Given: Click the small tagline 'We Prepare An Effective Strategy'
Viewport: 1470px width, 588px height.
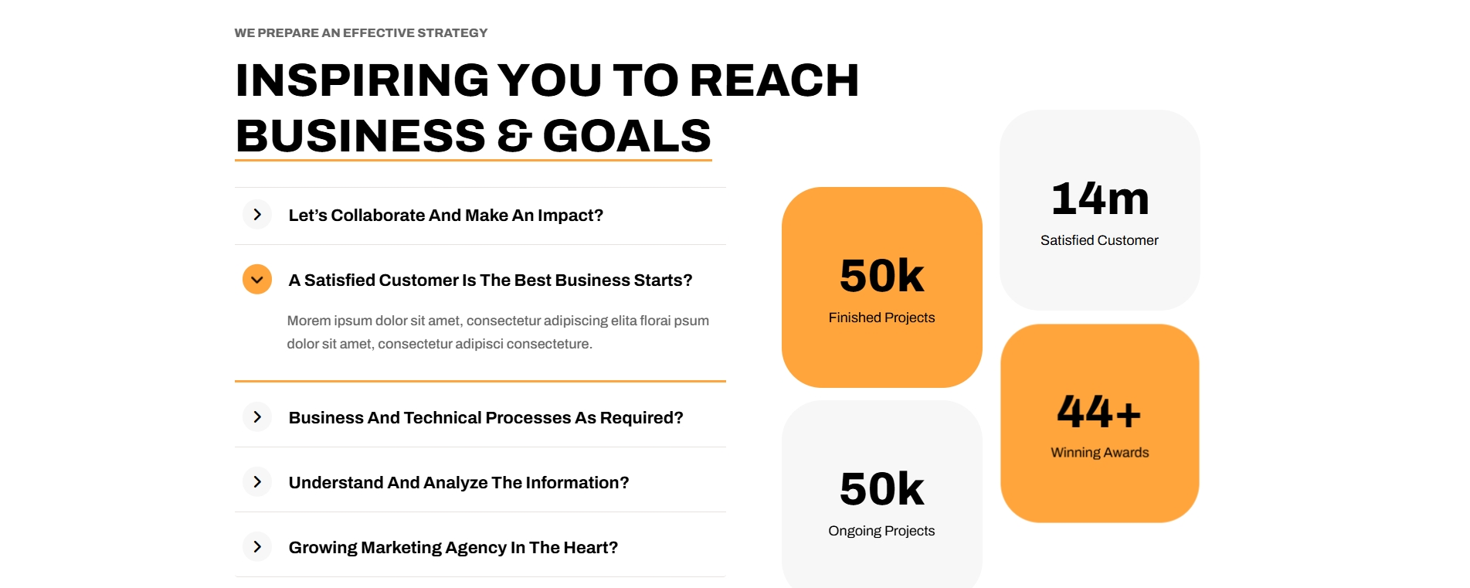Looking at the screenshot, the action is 361,32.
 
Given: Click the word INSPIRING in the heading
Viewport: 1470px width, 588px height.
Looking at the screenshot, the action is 362,80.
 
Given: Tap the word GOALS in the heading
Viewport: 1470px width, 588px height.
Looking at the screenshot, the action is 626,136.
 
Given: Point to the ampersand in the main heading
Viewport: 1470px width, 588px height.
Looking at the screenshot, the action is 514,136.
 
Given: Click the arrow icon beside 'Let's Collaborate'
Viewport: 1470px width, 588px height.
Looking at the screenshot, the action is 257,215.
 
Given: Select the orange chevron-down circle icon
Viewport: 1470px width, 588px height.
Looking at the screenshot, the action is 257,280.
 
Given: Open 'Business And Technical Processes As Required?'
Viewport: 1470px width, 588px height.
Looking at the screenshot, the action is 486,418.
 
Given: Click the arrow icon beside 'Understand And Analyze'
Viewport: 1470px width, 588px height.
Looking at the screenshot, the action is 257,482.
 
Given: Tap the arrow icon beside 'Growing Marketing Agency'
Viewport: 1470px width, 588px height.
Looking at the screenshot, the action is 257,547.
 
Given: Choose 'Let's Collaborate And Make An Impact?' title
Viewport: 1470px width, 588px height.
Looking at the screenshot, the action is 446,216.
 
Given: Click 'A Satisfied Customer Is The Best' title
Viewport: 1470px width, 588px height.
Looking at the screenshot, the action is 491,280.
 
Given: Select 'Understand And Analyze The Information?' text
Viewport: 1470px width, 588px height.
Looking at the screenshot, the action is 459,483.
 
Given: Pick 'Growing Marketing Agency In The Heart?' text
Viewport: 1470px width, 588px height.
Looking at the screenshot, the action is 453,548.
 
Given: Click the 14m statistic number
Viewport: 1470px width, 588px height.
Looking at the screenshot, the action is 1100,199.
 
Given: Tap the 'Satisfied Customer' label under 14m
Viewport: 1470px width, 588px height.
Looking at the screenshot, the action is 1099,240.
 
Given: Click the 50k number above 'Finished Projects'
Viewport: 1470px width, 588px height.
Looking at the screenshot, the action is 882,276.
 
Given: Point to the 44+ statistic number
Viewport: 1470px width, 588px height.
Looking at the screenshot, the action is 1099,411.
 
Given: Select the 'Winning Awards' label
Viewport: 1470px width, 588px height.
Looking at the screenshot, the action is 1100,453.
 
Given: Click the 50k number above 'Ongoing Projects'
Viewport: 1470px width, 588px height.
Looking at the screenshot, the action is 882,489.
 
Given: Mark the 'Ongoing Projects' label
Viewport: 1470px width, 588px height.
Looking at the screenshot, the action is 881,531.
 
